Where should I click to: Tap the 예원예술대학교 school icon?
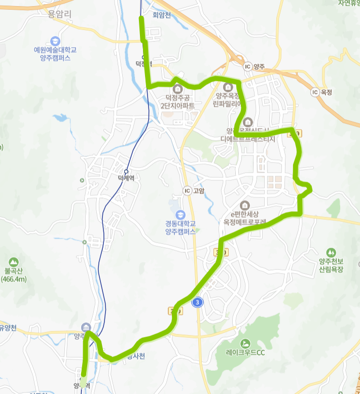(x=54, y=41)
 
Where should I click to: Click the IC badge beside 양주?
(x=247, y=66)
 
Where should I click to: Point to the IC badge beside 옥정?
(x=315, y=92)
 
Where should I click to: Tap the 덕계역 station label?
(x=129, y=178)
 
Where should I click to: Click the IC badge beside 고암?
(x=188, y=190)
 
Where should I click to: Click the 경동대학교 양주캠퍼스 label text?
(x=181, y=227)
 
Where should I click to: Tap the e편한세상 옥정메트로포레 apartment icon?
(x=245, y=205)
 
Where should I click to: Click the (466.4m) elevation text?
(x=14, y=279)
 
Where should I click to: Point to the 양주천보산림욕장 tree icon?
(x=331, y=252)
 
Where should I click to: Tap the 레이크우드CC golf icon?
(x=246, y=343)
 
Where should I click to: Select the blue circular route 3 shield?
(x=198, y=302)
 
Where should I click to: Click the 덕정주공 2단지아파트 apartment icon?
(x=176, y=89)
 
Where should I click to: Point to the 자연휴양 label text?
(x=349, y=3)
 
